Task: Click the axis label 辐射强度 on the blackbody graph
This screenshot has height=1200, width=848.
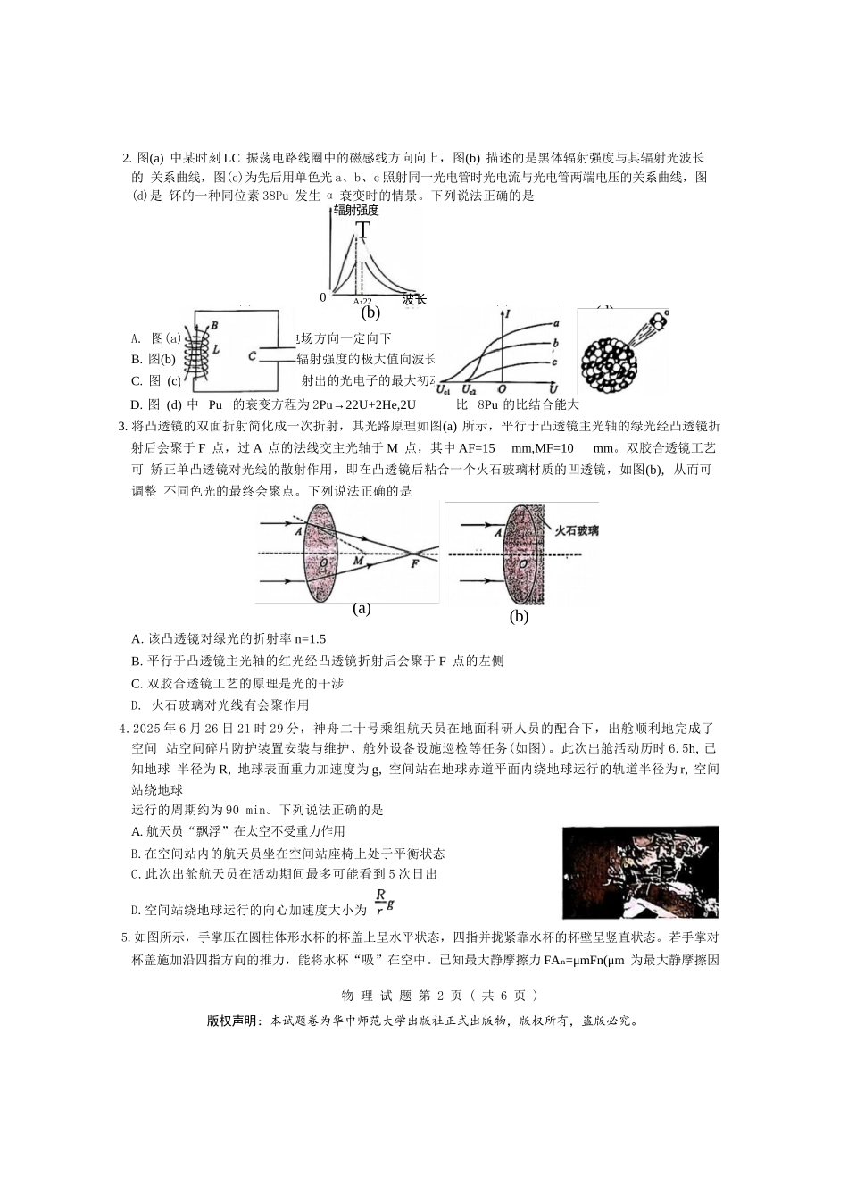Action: [x=356, y=211]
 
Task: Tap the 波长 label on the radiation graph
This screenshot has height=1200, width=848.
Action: [x=414, y=299]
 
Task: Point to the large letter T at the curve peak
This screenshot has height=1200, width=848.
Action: [x=362, y=230]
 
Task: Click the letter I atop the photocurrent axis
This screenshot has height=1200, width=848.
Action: [x=507, y=314]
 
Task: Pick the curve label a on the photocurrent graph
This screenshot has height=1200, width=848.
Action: [x=556, y=323]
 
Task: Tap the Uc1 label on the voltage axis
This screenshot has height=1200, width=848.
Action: [x=444, y=389]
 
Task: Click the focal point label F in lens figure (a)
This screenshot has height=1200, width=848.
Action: [x=414, y=563]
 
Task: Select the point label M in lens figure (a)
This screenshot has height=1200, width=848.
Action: [x=358, y=562]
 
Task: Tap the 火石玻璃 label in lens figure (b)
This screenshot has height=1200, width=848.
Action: [x=577, y=530]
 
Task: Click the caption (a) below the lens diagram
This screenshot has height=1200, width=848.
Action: [x=362, y=609]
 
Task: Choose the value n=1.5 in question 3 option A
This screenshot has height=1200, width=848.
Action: [x=310, y=639]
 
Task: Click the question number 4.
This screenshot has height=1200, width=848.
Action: [x=123, y=729]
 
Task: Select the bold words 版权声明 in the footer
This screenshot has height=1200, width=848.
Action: [x=234, y=1021]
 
